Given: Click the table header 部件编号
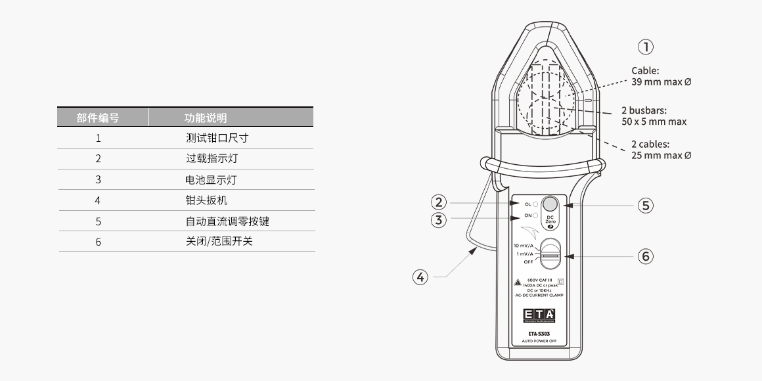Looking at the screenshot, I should pos(98,118).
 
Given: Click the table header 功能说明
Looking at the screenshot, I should pos(206,118).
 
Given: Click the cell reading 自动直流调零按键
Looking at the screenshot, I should pos(227,221).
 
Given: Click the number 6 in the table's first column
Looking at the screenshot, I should pos(98,242).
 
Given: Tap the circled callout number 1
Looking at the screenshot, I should pos(646,47).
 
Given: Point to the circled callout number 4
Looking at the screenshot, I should pos(420,277).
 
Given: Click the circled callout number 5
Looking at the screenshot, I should pos(646,206).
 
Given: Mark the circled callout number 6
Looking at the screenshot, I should pos(646,256).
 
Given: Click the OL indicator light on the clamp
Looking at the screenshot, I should pos(536,204).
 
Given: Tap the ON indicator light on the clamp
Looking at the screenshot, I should pos(536,215).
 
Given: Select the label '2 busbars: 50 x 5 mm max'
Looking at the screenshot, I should pos(653,116).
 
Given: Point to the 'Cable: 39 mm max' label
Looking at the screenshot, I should pos(661,76).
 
